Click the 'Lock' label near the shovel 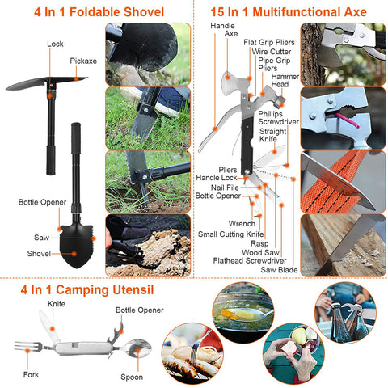tap(55, 44)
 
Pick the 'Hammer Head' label tap(280, 80)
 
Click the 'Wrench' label tap(242, 223)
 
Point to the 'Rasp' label tap(259, 242)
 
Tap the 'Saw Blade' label tap(276, 270)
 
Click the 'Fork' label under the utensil tap(31, 376)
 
